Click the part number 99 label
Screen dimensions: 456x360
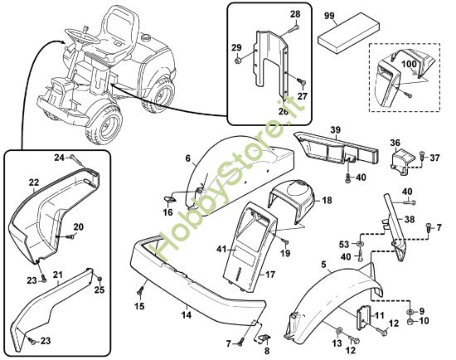click(x=329, y=17)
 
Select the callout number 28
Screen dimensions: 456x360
click(x=295, y=14)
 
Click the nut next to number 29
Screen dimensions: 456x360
click(x=237, y=61)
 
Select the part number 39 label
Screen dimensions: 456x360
click(x=335, y=129)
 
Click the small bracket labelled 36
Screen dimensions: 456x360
click(x=401, y=162)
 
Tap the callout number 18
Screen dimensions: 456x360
click(x=327, y=200)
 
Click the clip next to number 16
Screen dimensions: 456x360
click(x=169, y=199)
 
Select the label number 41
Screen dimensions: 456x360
click(x=222, y=249)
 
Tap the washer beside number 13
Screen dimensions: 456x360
click(x=339, y=331)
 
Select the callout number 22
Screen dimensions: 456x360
click(x=34, y=182)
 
